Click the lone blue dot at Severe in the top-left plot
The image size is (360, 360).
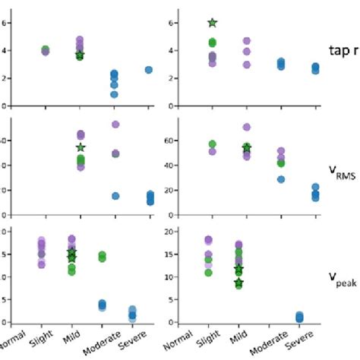[x=148, y=69]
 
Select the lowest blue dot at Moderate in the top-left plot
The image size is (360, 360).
[x=114, y=94]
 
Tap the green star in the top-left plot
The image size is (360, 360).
[x=81, y=55]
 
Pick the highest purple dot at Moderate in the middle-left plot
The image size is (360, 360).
[x=115, y=124]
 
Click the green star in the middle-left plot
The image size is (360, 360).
[x=81, y=147]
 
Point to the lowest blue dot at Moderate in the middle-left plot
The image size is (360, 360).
[x=115, y=196]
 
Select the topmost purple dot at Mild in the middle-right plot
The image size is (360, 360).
[x=246, y=128]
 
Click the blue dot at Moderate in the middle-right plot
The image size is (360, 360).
[x=281, y=179]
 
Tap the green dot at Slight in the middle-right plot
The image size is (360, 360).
[x=213, y=144]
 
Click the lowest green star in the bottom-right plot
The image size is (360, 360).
[x=239, y=283]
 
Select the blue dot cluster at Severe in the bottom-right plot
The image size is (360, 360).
[x=299, y=317]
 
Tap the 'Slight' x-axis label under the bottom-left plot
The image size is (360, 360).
[x=42, y=342]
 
